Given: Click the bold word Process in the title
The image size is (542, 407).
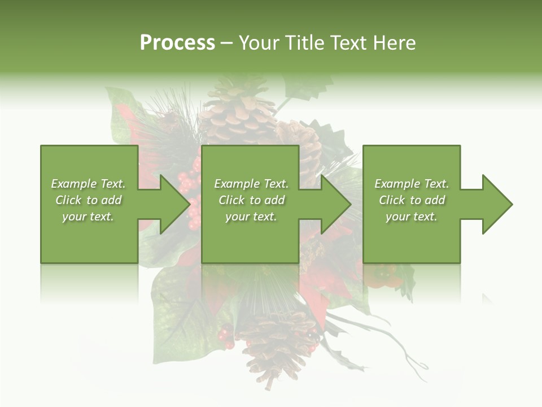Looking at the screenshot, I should click(177, 43).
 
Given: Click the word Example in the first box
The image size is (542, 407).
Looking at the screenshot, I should click(74, 184).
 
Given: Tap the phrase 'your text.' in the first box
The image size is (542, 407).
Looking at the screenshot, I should click(88, 217).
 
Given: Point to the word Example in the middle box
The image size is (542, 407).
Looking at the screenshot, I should click(237, 184).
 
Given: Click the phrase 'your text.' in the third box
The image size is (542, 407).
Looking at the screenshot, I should click(412, 217).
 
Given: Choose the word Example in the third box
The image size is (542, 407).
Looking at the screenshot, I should click(397, 184).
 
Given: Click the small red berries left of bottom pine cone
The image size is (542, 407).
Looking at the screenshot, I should click(226, 337).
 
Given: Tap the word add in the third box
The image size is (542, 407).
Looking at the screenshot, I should click(435, 200).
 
